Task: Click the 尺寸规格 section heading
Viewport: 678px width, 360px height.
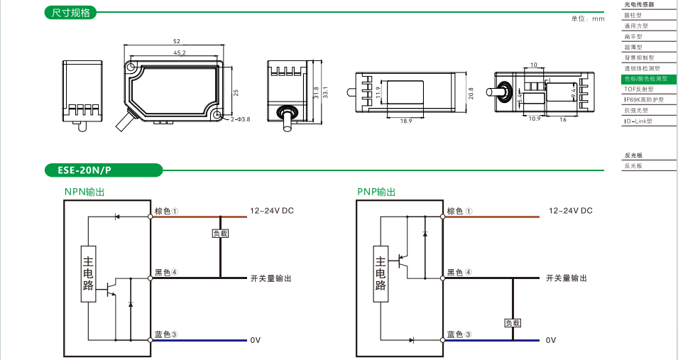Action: point(71,13)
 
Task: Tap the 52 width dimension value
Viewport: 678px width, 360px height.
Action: point(176,41)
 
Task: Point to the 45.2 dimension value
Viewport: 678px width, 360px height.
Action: point(179,53)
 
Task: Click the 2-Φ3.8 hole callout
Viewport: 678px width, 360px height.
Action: point(240,119)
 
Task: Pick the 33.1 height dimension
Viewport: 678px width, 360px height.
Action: point(326,92)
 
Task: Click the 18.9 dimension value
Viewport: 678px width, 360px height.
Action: point(406,121)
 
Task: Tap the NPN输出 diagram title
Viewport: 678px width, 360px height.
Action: point(84,192)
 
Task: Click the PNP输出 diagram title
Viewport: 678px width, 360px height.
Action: point(376,192)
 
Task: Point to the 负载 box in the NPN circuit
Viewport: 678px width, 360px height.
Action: point(220,233)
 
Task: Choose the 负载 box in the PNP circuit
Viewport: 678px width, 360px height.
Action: point(513,322)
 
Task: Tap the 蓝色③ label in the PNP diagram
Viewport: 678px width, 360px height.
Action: point(459,334)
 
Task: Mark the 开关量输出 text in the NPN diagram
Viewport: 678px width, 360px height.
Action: point(270,278)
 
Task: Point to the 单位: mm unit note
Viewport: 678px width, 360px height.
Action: point(587,18)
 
